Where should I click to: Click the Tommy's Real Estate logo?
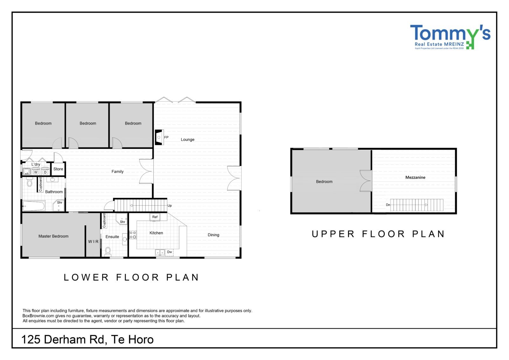coord(450,37)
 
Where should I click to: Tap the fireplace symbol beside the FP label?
coord(159,137)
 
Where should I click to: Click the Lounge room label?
coord(187,139)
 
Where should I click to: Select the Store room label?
coord(58,169)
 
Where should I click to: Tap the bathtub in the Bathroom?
coord(34,206)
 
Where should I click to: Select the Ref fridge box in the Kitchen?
coord(155,217)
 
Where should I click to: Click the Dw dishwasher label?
coord(170,252)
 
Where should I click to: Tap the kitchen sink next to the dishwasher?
coord(160,252)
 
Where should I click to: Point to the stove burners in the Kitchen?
coord(133,235)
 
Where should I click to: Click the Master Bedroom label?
coord(53,236)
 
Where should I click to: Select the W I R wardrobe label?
coord(94,242)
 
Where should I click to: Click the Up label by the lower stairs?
coord(170,206)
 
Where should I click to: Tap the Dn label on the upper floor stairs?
coord(388,205)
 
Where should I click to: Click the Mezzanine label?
coord(415,177)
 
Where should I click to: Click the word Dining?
coord(213,235)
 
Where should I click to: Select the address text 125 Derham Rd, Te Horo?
coord(87,340)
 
